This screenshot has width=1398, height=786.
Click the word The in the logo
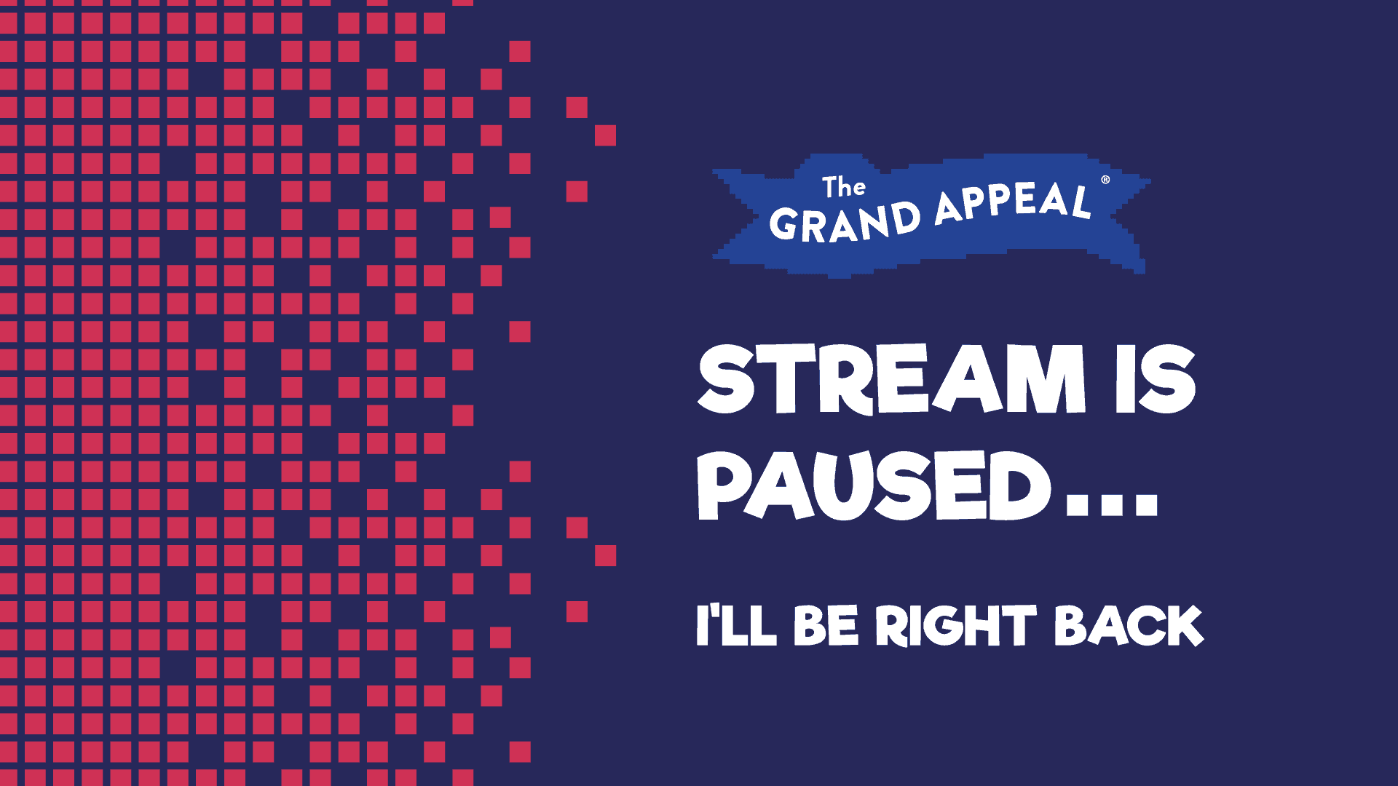(x=844, y=187)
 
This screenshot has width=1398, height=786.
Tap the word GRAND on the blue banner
(x=845, y=222)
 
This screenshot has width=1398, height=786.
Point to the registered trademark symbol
(x=1105, y=180)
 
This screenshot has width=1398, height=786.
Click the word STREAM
(x=890, y=378)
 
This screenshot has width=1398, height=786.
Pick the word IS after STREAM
(x=1156, y=378)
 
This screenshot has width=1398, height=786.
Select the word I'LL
(x=735, y=625)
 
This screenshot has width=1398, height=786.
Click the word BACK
(x=1129, y=625)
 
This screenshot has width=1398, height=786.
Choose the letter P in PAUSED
(x=724, y=485)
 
